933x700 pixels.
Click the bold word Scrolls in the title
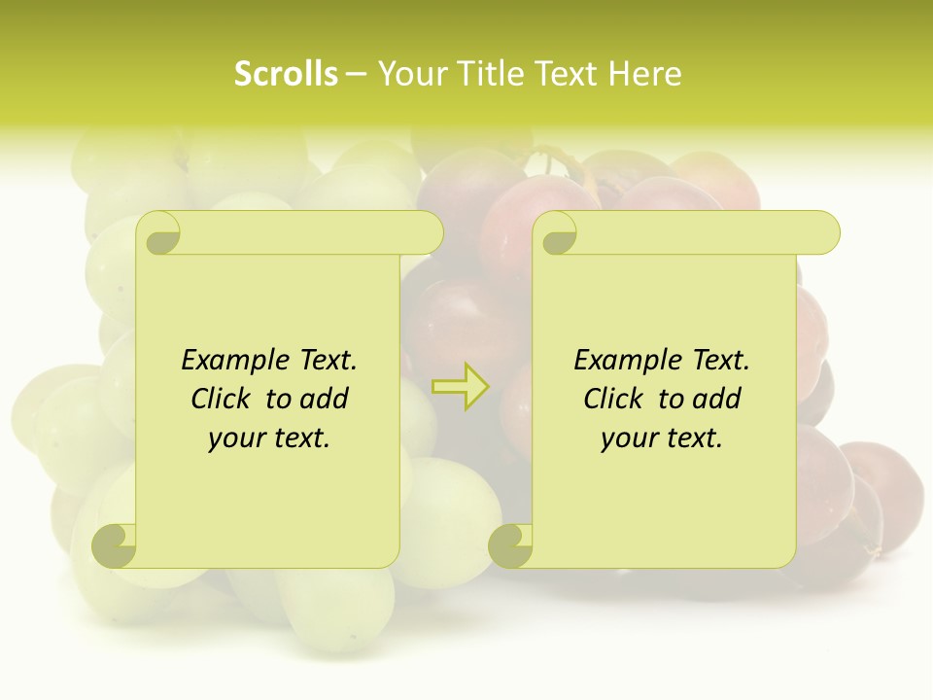click(286, 74)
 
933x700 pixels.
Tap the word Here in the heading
click(645, 74)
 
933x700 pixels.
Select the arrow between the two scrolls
click(461, 386)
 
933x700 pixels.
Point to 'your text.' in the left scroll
click(269, 437)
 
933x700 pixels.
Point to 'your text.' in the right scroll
click(662, 437)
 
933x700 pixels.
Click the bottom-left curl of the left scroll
click(115, 544)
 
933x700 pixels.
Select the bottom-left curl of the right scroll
click(510, 544)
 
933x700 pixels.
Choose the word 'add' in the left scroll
click(326, 399)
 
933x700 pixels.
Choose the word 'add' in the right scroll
click(718, 399)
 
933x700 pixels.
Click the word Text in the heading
click(565, 74)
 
